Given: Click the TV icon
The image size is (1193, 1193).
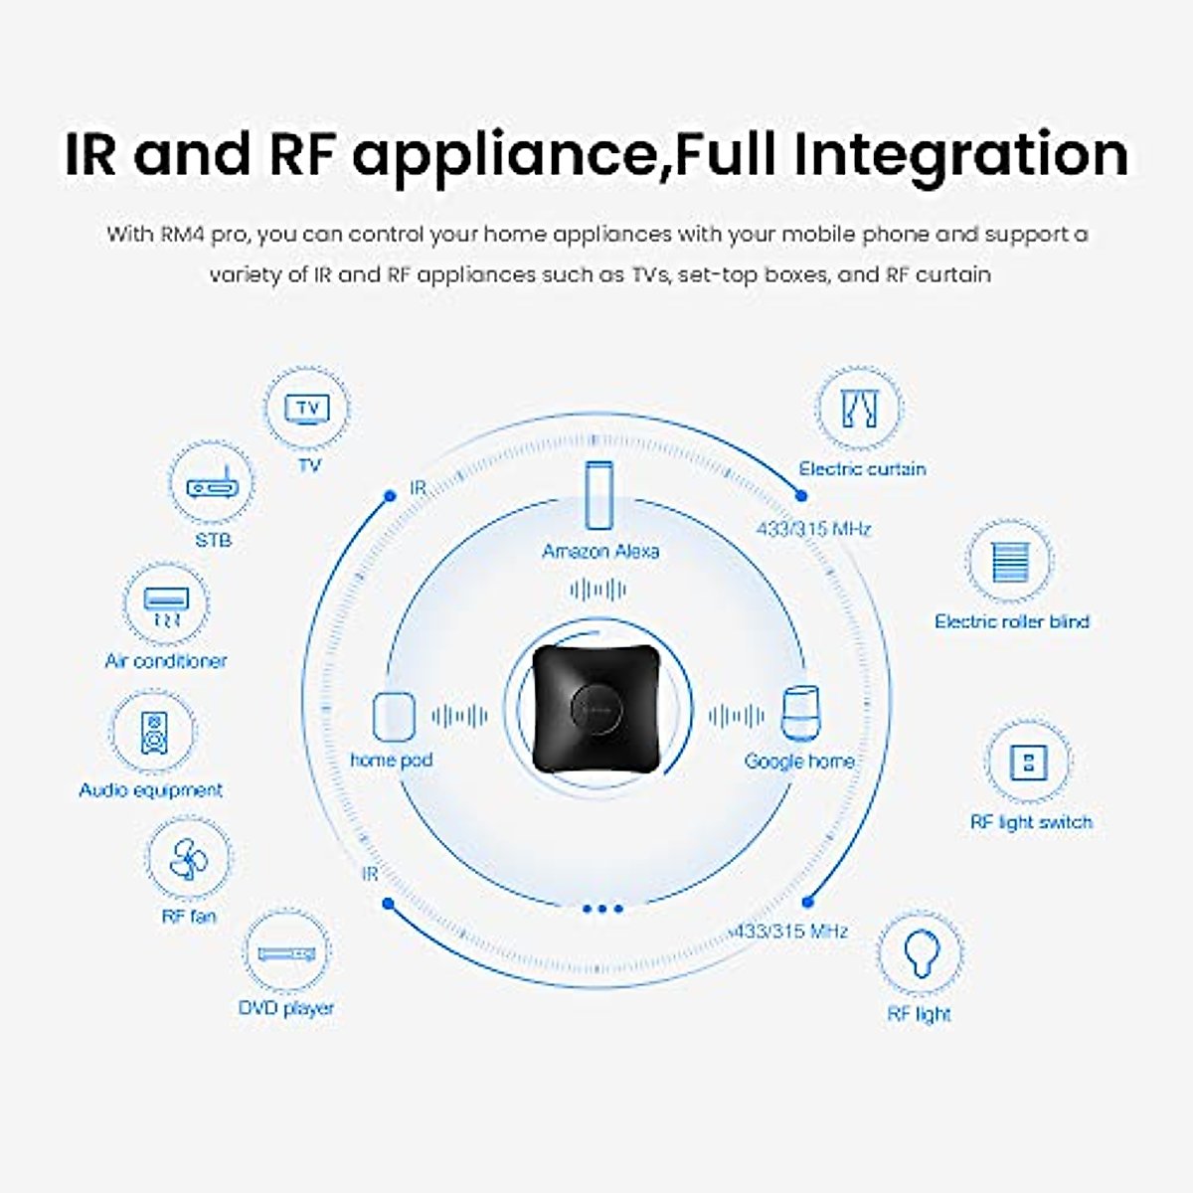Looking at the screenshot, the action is tap(307, 409).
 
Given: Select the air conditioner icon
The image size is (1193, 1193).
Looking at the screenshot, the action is tap(166, 606).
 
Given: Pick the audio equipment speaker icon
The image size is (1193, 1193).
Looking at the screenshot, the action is tap(154, 733).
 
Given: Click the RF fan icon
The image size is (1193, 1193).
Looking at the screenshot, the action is tap(189, 859).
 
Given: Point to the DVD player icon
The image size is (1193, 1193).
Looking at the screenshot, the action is tap(286, 954).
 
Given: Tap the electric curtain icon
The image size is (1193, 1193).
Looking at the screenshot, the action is tap(859, 408).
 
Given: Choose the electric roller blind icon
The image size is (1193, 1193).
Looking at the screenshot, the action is tap(1010, 562).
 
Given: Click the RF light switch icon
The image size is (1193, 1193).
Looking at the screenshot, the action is tap(1028, 763).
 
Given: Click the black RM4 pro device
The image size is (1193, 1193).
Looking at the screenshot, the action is tap(598, 708).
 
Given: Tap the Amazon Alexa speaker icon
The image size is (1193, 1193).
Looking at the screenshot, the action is tap(598, 495).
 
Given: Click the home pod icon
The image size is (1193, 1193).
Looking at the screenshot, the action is tap(394, 716).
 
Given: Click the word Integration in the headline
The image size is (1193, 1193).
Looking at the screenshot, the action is tap(960, 155).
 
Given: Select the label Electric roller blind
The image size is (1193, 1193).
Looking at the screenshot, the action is tap(1012, 621).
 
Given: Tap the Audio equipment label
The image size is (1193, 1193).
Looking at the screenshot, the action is tap(150, 790).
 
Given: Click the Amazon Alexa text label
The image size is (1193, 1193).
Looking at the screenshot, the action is tap(600, 551).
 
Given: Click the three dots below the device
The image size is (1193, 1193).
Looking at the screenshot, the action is tap(602, 909).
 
